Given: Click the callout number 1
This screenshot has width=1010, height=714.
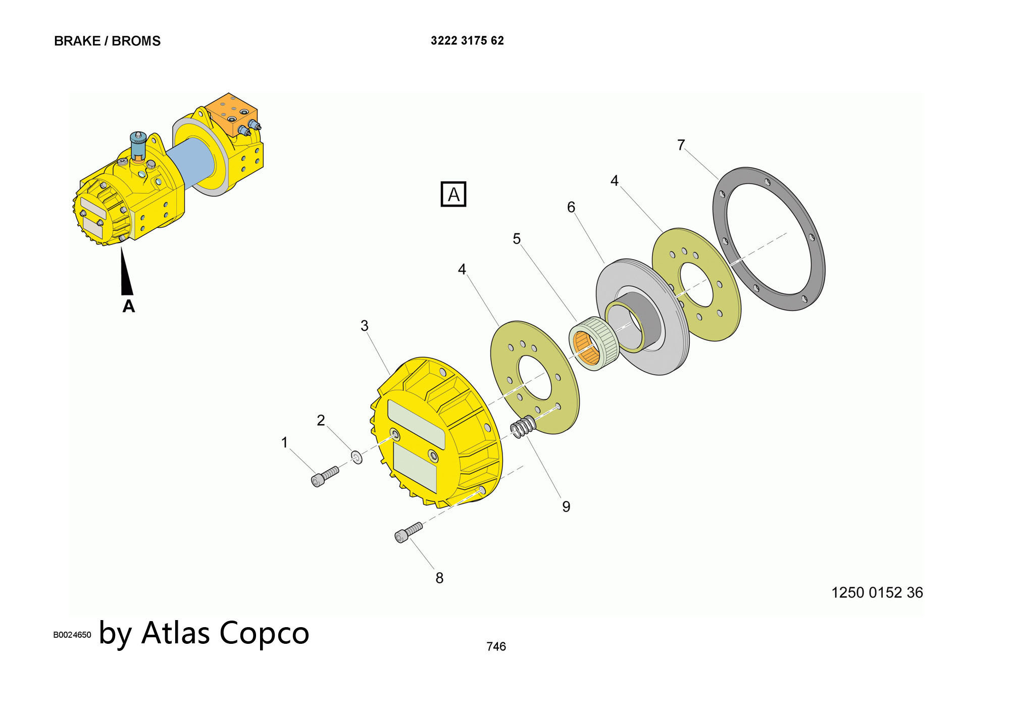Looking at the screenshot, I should click(x=284, y=442).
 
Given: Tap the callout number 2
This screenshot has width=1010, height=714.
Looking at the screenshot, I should click(x=321, y=420).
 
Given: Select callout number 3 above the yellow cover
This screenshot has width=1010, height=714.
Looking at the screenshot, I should click(x=365, y=326).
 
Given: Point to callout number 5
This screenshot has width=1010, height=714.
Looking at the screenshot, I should click(x=517, y=238).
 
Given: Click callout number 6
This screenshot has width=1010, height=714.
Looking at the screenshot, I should click(x=571, y=207).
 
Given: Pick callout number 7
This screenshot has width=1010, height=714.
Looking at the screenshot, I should click(x=681, y=145).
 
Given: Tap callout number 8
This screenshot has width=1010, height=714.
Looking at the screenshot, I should click(x=439, y=578).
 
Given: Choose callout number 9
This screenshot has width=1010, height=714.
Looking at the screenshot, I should click(x=566, y=506).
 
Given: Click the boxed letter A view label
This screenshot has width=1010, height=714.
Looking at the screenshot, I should click(x=453, y=194).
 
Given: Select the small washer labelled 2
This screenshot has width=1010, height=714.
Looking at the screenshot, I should click(x=357, y=457).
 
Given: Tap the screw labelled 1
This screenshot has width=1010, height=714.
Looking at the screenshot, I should click(x=324, y=476).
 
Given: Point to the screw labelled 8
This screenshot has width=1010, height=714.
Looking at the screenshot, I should click(x=408, y=532).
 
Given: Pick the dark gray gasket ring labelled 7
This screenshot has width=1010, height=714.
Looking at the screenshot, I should click(x=769, y=238).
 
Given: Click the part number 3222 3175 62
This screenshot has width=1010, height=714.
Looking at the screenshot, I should click(x=467, y=41).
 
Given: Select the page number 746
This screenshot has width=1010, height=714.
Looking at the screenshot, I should click(x=496, y=646).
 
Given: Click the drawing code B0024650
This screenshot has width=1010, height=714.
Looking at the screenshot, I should click(x=72, y=635).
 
